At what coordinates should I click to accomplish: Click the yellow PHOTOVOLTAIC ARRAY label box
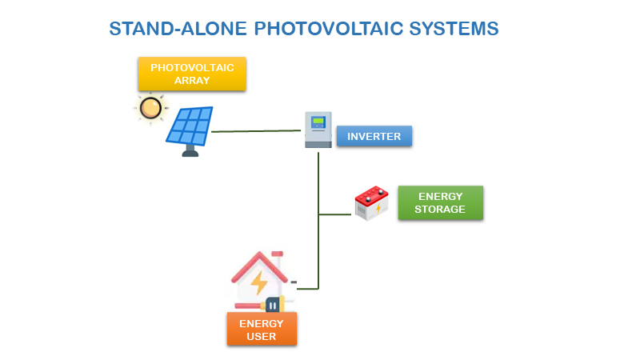[x=192, y=74]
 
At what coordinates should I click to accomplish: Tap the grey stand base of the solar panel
[x=190, y=152]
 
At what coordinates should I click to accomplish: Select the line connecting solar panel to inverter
[x=256, y=130]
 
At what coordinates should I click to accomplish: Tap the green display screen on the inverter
[x=318, y=122]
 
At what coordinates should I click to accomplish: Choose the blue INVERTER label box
[x=374, y=136]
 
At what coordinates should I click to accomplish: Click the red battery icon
[x=371, y=204]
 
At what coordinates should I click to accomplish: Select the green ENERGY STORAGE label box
[x=440, y=203]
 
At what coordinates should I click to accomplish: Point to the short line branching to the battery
[x=336, y=214]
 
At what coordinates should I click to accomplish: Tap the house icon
[x=260, y=280]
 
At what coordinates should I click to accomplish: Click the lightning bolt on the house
[x=259, y=282]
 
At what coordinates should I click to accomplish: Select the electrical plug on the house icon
[x=272, y=304]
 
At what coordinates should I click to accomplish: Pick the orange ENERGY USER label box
[x=262, y=329]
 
